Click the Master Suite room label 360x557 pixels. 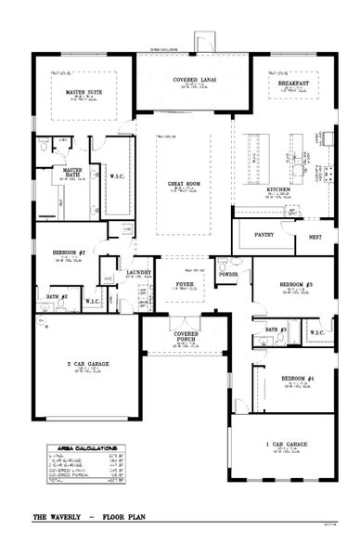tap(82, 93)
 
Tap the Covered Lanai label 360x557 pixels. tap(195, 80)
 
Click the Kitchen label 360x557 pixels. tap(278, 188)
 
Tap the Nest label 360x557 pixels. tap(315, 237)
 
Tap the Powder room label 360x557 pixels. tap(229, 274)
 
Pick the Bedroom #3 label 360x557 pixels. tap(298, 284)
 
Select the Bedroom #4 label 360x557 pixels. tap(298, 378)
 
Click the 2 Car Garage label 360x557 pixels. tap(87, 364)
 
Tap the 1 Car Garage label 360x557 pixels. tap(288, 446)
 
